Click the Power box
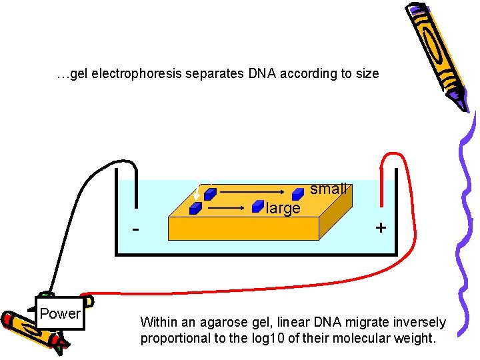point(59,313)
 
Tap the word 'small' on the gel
point(328,189)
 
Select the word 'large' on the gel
point(283,209)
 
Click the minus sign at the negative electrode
point(136,230)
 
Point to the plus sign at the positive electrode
point(381,227)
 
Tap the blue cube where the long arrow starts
point(209,194)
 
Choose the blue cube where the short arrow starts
point(195,208)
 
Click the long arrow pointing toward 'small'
point(253,193)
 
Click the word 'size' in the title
point(366,73)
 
